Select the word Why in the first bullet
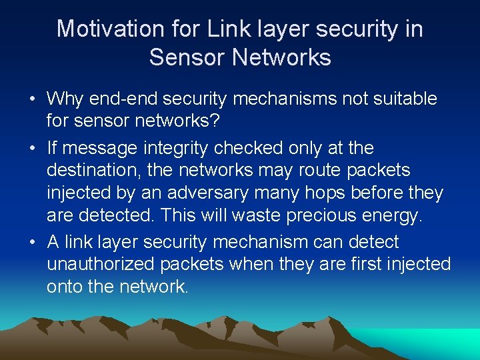(x=63, y=99)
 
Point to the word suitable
(x=405, y=99)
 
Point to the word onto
(x=64, y=287)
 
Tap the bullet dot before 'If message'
(x=33, y=148)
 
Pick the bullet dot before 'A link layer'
(x=33, y=242)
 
